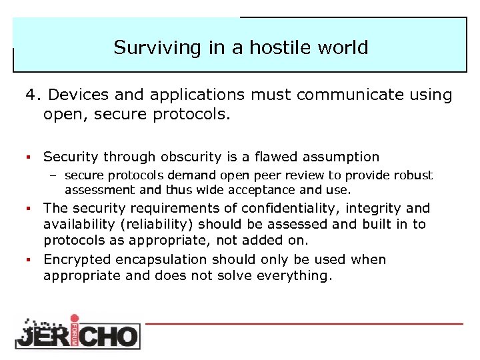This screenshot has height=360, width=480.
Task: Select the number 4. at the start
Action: point(33,95)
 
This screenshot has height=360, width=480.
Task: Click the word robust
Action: point(415,175)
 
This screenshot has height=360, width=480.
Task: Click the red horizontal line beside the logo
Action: point(303,323)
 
